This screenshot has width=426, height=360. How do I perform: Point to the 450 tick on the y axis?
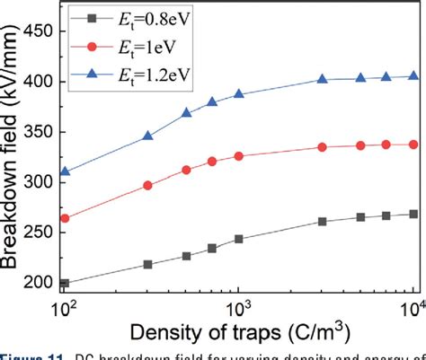[42, 31]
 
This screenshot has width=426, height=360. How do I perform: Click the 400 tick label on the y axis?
[42, 81]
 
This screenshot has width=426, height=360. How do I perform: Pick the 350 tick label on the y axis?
[42, 131]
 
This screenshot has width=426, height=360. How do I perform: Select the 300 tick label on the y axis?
[42, 182]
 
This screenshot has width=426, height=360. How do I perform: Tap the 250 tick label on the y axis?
[42, 233]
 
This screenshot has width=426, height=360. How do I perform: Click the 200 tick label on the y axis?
[42, 283]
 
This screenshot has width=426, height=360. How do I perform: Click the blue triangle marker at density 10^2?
[65, 171]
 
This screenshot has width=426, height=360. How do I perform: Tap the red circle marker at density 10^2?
[65, 218]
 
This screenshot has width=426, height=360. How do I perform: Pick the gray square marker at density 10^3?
[238, 239]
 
